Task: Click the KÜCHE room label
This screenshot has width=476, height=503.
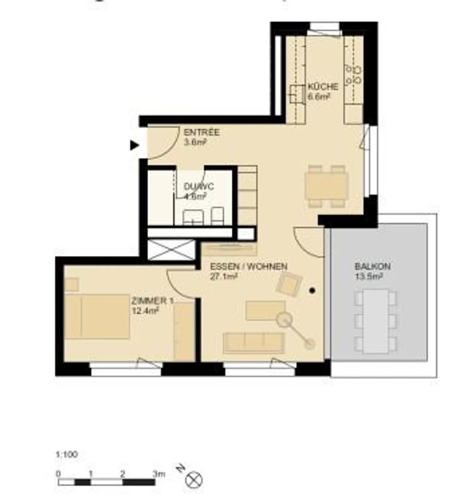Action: tap(323, 87)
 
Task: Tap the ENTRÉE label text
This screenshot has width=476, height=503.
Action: tap(201, 132)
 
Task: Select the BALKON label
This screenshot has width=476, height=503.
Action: tap(372, 266)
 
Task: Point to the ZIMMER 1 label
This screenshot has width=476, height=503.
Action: tap(152, 301)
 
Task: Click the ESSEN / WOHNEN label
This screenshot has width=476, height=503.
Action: tap(249, 266)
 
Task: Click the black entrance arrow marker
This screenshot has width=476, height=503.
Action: tap(134, 145)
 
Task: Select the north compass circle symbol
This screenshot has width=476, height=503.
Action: tap(194, 480)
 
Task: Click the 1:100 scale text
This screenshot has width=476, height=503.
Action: tap(67, 454)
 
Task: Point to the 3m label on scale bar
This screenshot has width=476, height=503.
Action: tap(159, 474)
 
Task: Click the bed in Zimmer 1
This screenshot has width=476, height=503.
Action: tap(97, 316)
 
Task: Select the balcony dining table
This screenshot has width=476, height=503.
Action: tap(376, 321)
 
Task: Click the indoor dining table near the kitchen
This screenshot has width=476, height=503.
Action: tap(326, 186)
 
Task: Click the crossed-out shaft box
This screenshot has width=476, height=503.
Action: tap(171, 250)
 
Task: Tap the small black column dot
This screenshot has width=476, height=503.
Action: tap(312, 291)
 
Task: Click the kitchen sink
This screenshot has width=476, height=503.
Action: tap(297, 94)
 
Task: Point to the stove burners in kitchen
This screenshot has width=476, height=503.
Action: tap(353, 75)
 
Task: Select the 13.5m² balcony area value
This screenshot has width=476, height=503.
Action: tap(369, 276)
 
